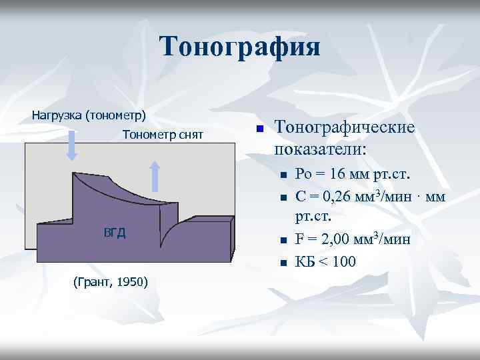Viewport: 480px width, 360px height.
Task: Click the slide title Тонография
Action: [x=240, y=47]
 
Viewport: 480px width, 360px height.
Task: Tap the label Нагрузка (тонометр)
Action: [x=89, y=115]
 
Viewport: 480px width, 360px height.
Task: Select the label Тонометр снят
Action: [x=163, y=135]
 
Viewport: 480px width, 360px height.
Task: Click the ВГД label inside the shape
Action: [x=115, y=232]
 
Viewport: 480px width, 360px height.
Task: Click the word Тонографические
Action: [x=345, y=127]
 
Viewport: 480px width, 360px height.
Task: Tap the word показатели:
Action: [x=320, y=148]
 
